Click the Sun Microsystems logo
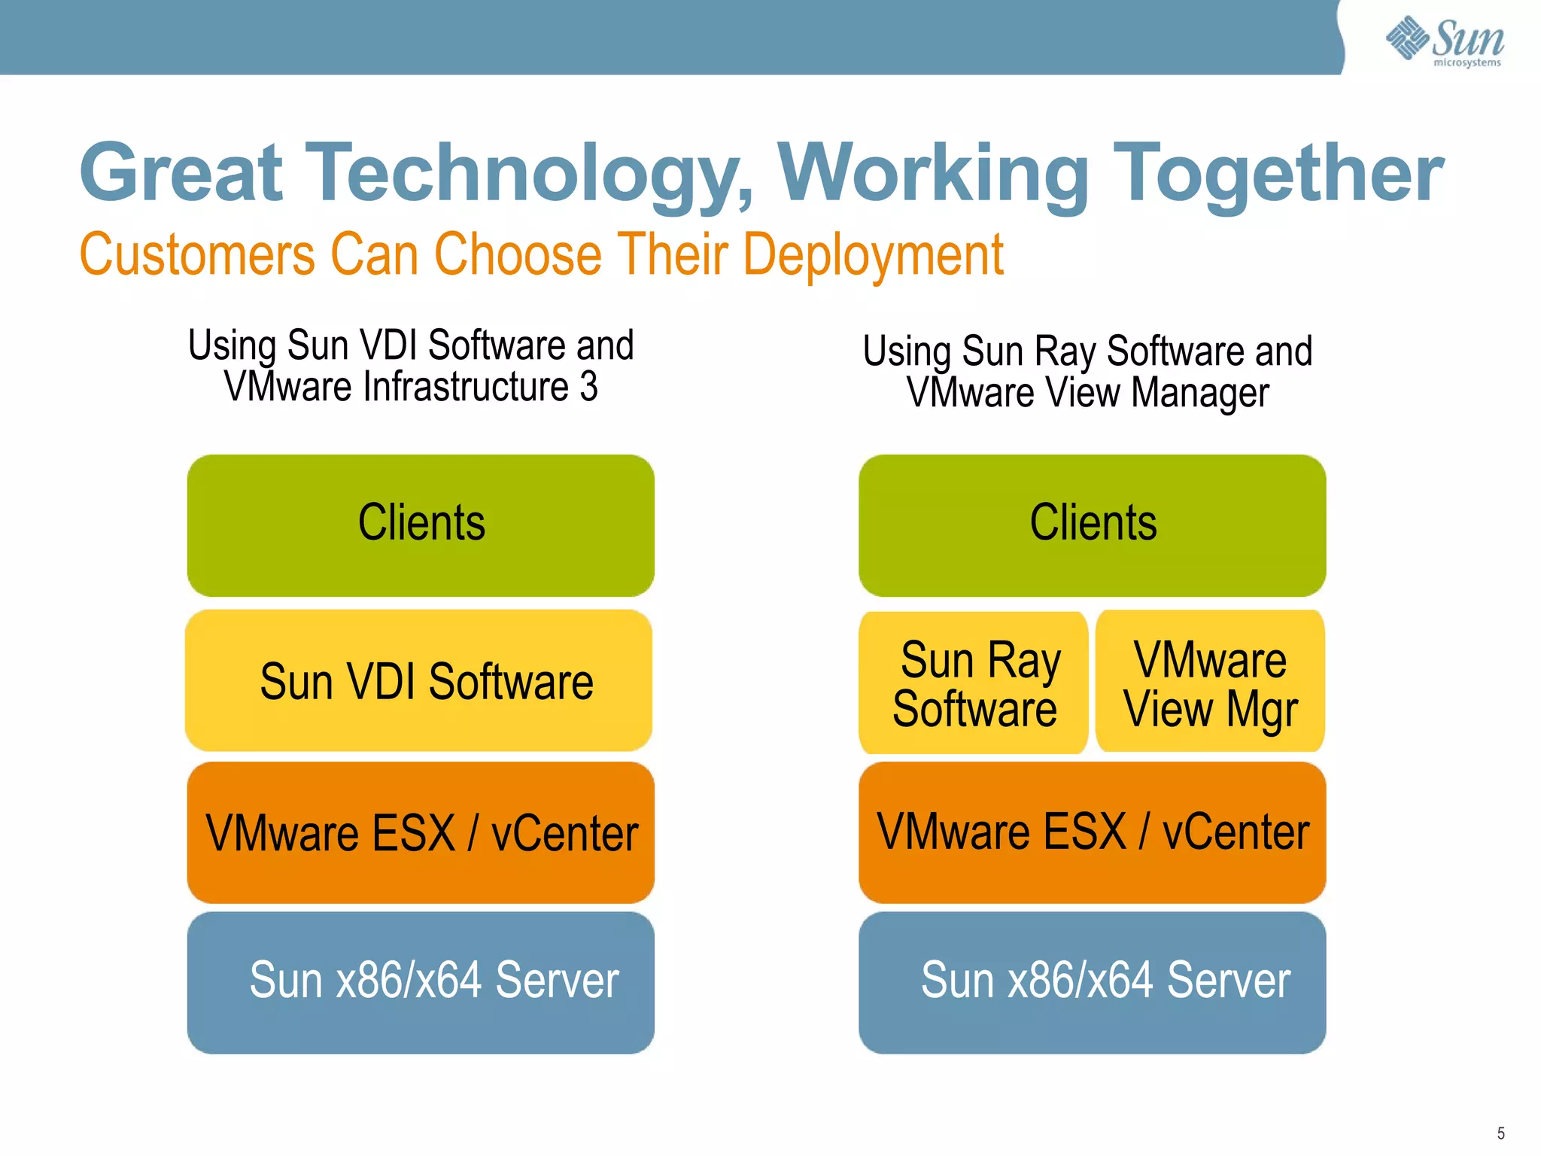pyautogui.click(x=1444, y=41)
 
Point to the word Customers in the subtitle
pyautogui.click(x=197, y=254)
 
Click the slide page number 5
pyautogui.click(x=1500, y=1133)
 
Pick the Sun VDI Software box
pyautogui.click(x=419, y=681)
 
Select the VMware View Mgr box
pyautogui.click(x=1210, y=682)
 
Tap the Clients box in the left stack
pyautogui.click(x=421, y=525)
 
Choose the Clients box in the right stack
pyautogui.click(x=1092, y=525)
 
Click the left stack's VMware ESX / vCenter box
pyautogui.click(x=421, y=832)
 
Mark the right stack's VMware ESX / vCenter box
pyautogui.click(x=1092, y=832)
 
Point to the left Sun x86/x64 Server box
pyautogui.click(x=421, y=982)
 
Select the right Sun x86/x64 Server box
pyautogui.click(x=1092, y=982)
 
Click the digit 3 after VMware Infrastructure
pyautogui.click(x=588, y=387)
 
